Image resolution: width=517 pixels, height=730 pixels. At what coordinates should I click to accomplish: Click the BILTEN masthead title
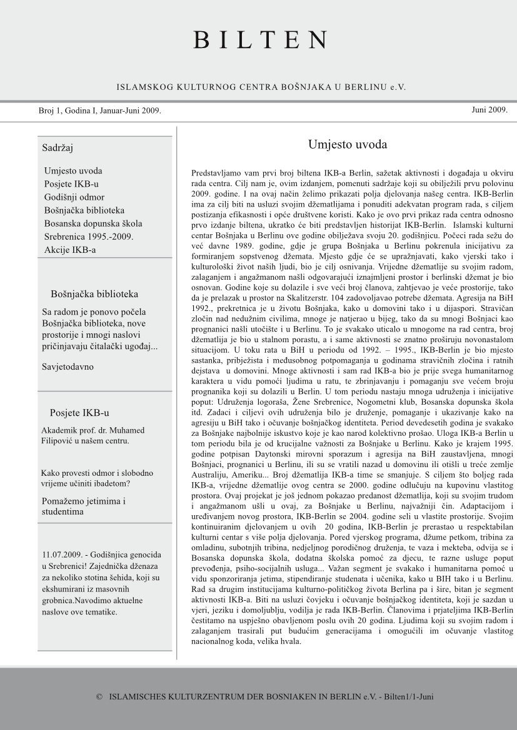[x=259, y=39]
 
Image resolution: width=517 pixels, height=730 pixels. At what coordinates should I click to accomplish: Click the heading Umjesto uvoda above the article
[x=348, y=145]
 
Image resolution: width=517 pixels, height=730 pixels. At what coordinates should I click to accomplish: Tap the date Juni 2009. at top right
[x=489, y=110]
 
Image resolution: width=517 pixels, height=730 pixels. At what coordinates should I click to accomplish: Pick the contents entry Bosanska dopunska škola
[x=93, y=224]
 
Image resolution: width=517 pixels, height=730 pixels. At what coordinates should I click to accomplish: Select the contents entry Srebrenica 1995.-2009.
[x=89, y=237]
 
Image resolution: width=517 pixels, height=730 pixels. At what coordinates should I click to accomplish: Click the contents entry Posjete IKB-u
[x=71, y=184]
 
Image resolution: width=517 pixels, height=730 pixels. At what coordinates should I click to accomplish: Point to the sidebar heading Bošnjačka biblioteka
[x=94, y=293]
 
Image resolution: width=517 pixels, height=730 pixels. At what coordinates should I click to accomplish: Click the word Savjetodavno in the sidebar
[x=68, y=367]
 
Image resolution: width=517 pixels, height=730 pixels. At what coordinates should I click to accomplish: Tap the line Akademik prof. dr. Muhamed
[x=93, y=430]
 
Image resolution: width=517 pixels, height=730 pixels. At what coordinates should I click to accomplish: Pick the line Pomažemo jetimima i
[x=84, y=501]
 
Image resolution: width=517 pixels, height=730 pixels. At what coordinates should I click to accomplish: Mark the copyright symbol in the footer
[x=99, y=695]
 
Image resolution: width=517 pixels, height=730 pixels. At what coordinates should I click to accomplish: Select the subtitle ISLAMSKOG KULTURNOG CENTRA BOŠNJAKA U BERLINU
[x=253, y=87]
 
